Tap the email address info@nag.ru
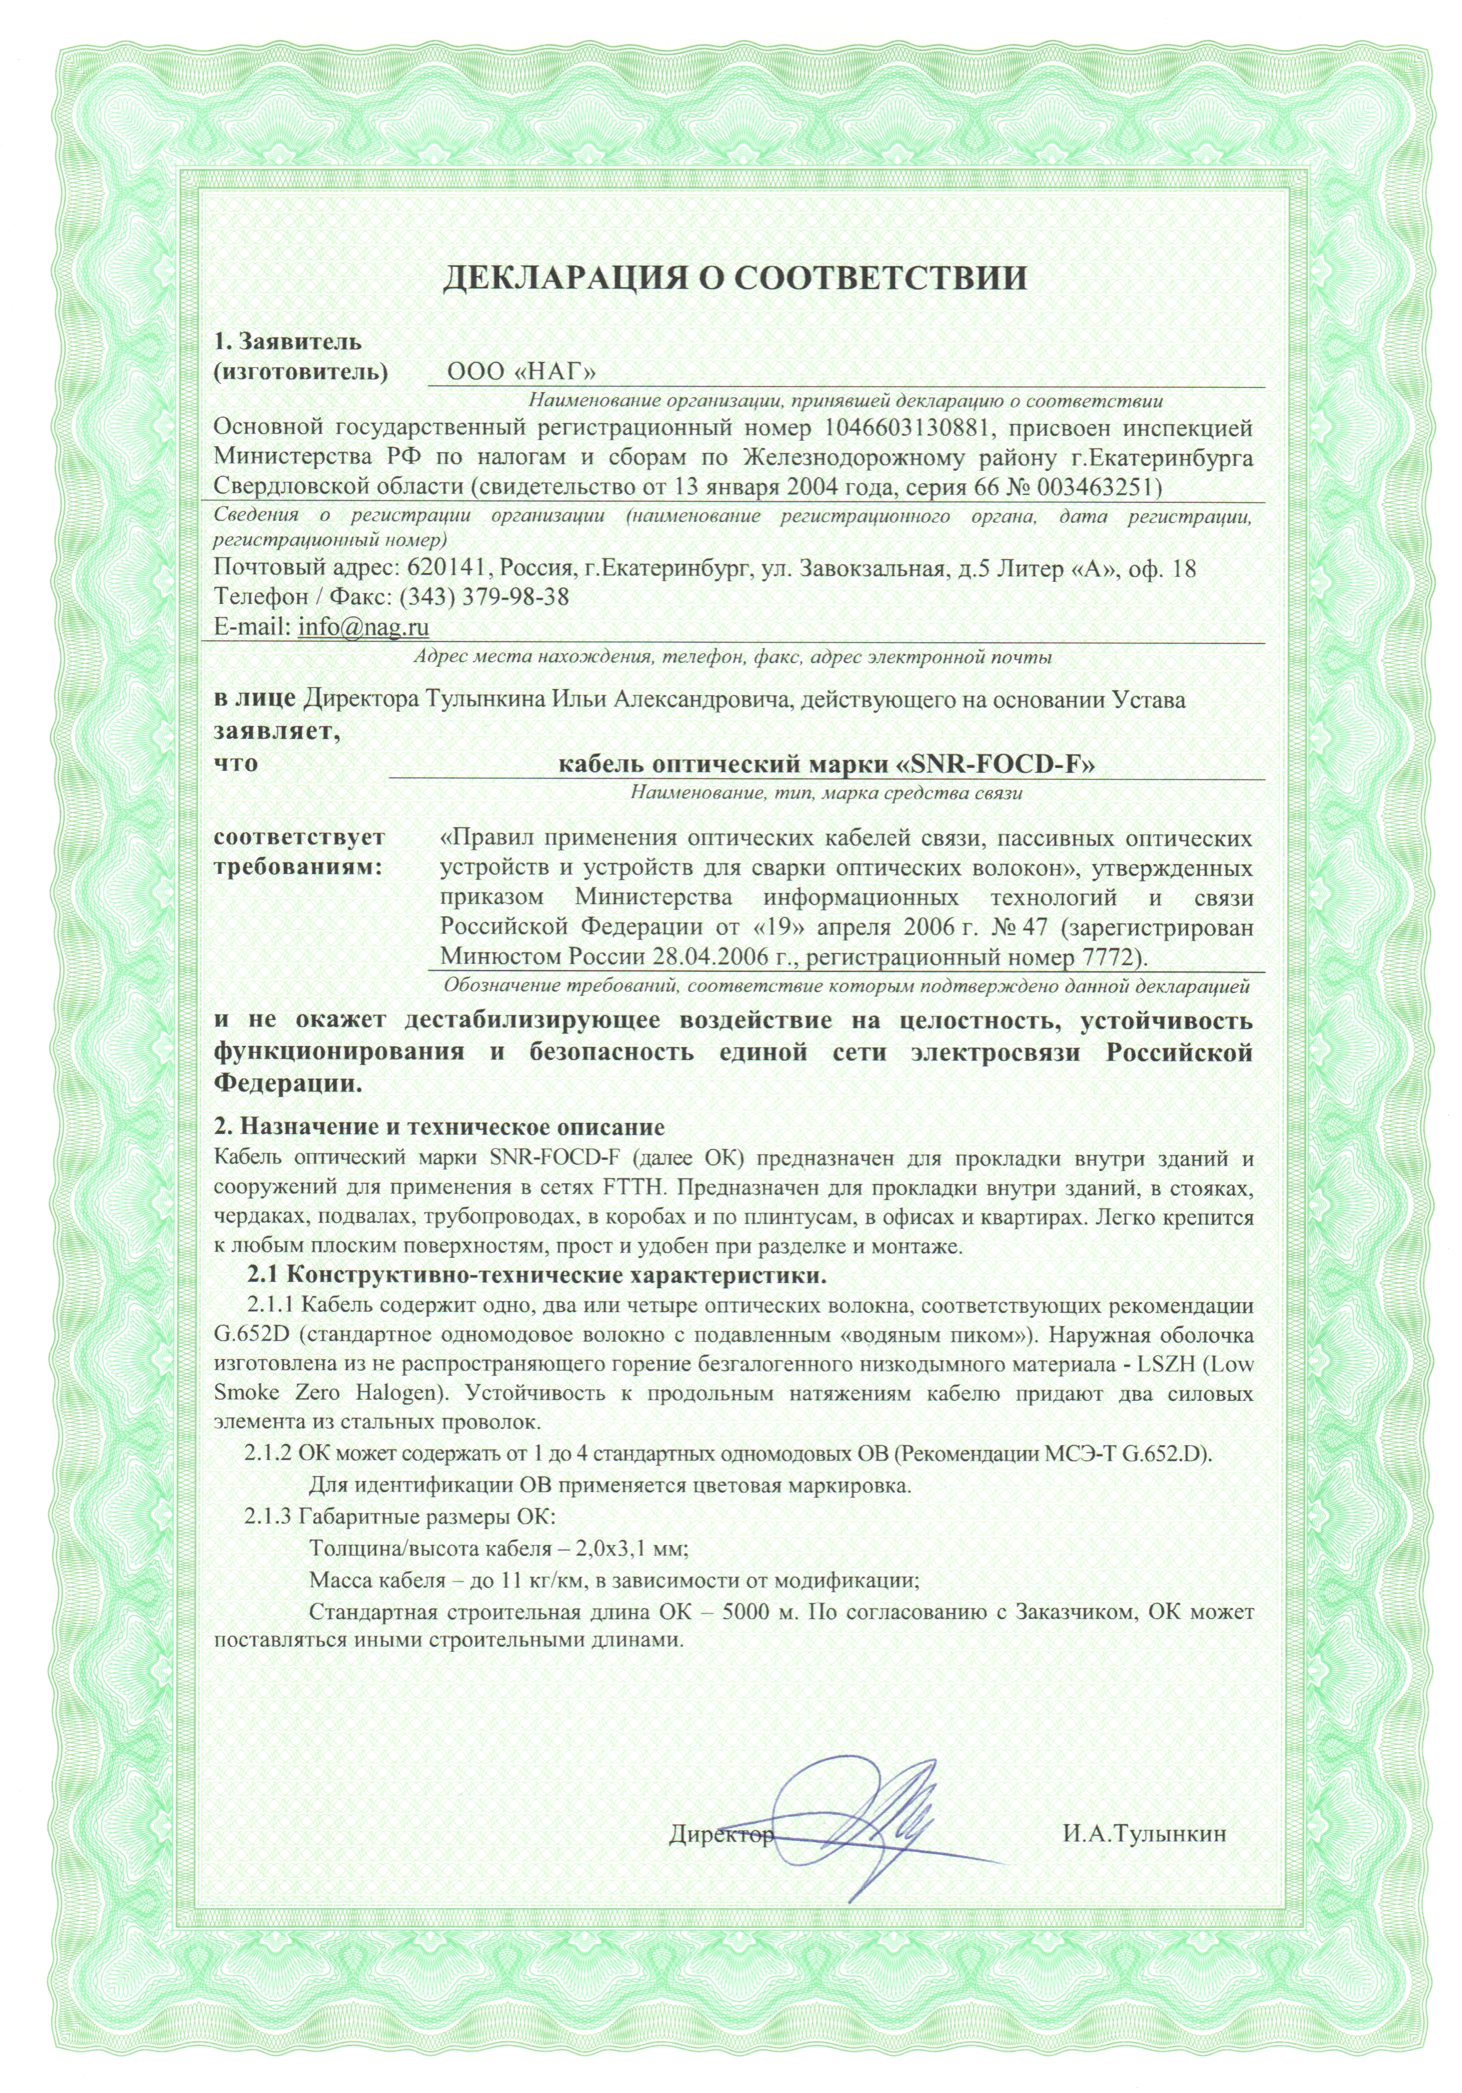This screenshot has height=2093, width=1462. pyautogui.click(x=363, y=627)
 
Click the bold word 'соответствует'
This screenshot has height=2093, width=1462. pyautogui.click(x=299, y=837)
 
